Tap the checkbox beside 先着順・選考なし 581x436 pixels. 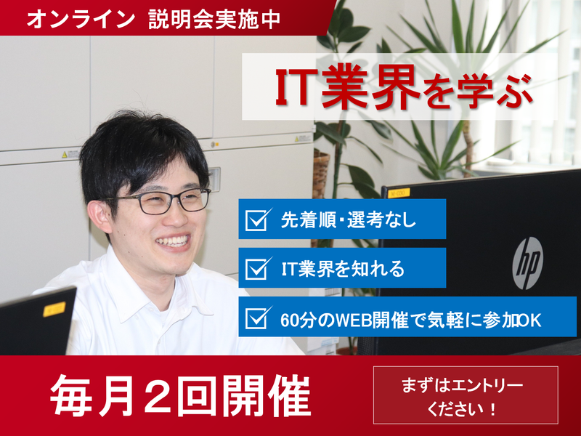point(257,219)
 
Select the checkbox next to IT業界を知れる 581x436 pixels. point(257,268)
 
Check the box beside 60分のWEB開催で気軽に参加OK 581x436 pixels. point(257,318)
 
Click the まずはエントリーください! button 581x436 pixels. point(466,395)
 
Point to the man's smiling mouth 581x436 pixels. point(174,241)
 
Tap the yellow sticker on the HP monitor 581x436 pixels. point(398,193)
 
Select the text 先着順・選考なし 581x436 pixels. point(349,219)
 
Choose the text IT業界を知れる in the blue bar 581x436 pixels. point(342,269)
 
